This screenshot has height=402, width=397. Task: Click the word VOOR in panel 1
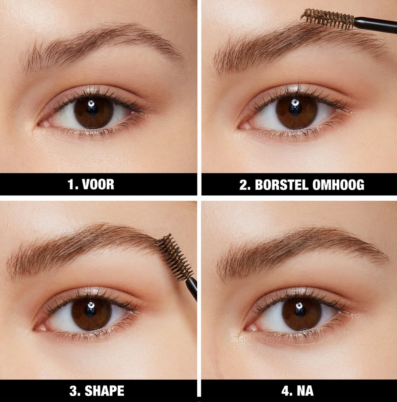click(99, 185)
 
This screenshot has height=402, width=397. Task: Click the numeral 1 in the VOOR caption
click(71, 185)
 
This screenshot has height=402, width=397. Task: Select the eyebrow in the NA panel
click(302, 245)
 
